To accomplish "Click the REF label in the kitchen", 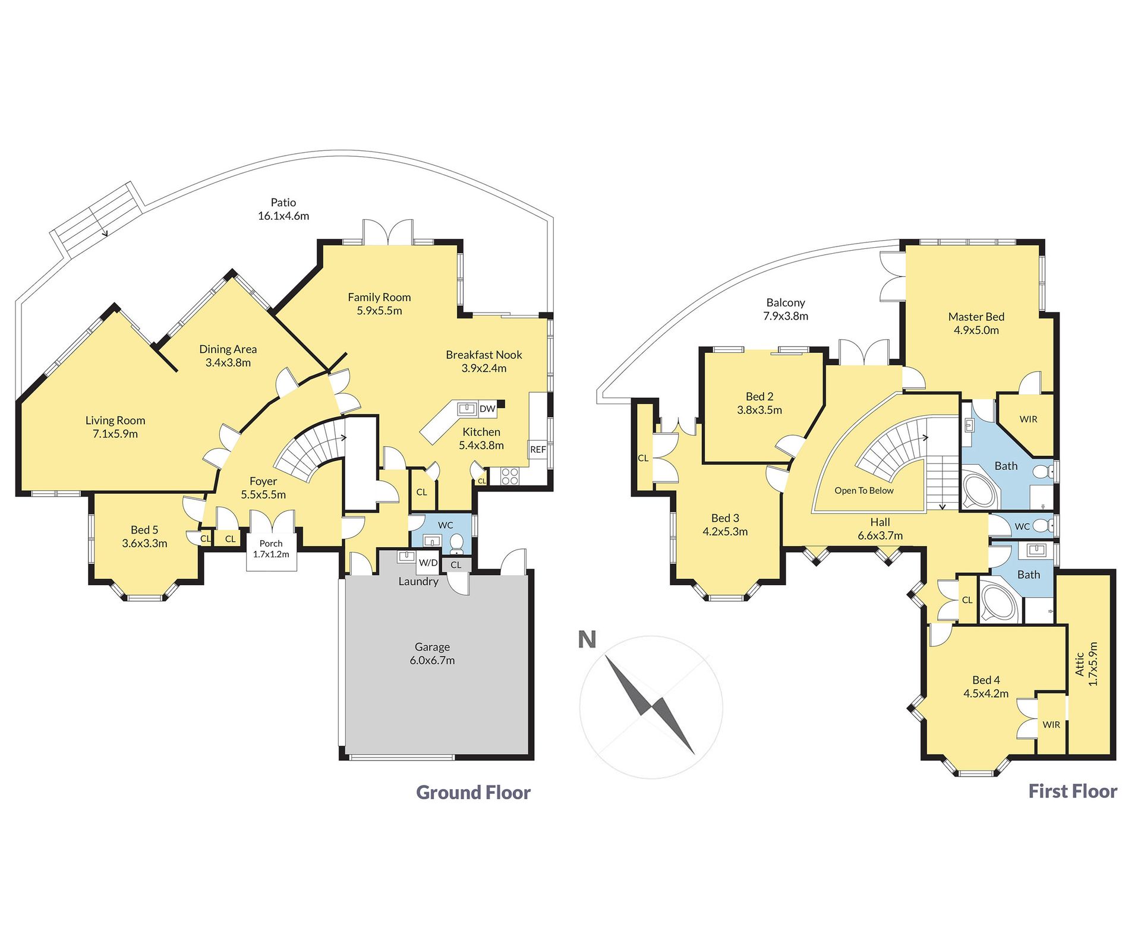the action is (x=538, y=449).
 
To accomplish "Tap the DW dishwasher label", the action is (x=487, y=409).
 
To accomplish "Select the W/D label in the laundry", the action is (x=428, y=563).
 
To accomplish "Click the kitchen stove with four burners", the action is (x=510, y=477).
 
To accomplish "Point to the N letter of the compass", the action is (x=587, y=640).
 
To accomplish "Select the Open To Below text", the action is (x=864, y=490).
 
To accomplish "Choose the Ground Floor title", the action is (x=473, y=792).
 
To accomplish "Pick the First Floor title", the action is (x=1073, y=791).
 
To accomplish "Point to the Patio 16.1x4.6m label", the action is (x=283, y=209).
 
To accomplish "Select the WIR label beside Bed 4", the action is (x=1051, y=725).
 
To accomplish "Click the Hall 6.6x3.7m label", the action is (x=880, y=529).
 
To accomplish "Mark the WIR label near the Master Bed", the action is (x=1029, y=419).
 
